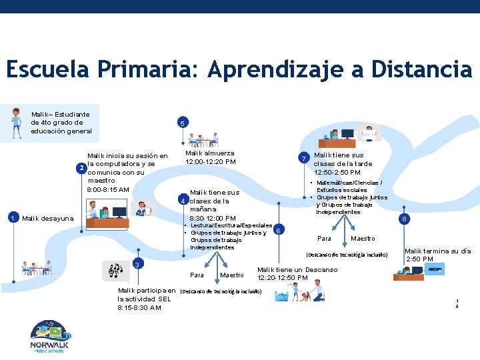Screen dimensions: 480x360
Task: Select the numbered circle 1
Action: (x=12, y=217)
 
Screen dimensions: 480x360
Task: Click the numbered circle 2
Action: (x=81, y=167)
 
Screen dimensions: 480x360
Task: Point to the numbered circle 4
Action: (x=182, y=201)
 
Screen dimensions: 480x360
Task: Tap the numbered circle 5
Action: (x=183, y=123)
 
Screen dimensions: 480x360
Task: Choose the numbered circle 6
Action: (x=278, y=230)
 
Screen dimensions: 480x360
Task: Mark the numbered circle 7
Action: (x=303, y=159)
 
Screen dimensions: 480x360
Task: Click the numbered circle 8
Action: (x=403, y=219)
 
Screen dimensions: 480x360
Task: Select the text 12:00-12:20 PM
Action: (x=210, y=162)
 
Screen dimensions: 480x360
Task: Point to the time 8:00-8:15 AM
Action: (x=109, y=190)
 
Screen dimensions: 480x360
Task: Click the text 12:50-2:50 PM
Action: (x=337, y=173)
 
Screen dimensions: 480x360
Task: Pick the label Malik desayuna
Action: (x=47, y=218)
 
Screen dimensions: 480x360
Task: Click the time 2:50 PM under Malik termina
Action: (x=419, y=259)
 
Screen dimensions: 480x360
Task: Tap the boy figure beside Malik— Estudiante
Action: (x=16, y=121)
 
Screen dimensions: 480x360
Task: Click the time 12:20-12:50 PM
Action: (x=283, y=278)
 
